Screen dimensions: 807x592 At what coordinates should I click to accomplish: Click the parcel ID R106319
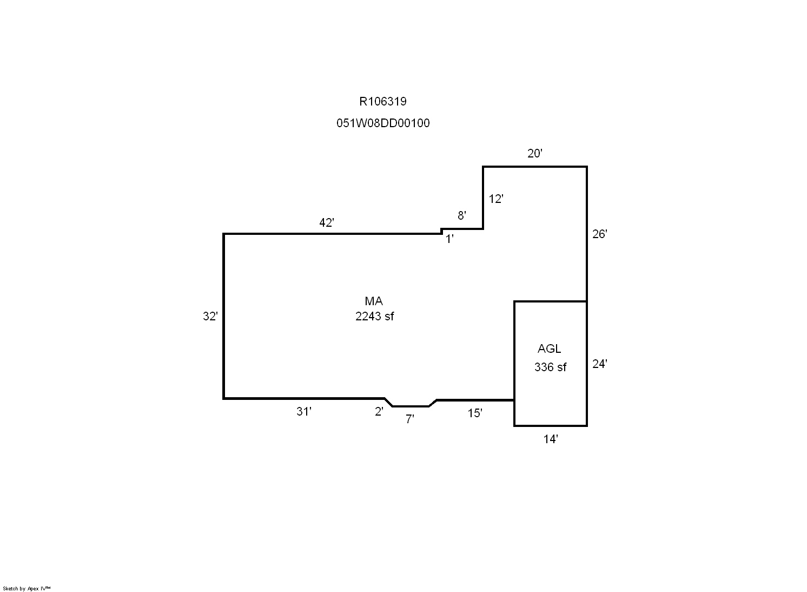[382, 101]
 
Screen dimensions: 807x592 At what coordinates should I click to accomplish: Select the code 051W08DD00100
[383, 123]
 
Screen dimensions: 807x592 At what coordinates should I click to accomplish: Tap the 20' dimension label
[534, 153]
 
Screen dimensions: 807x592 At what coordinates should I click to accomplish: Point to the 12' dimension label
[496, 199]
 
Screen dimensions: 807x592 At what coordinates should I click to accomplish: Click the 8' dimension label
[461, 215]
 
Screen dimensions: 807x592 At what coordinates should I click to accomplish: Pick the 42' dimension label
[326, 222]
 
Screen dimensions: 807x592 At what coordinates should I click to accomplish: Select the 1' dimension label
[449, 239]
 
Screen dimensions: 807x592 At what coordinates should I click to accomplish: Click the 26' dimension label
[599, 234]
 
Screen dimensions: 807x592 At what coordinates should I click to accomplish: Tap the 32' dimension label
[210, 316]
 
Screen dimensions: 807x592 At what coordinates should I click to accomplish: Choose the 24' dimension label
[599, 364]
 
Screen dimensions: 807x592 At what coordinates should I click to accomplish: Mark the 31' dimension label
[303, 411]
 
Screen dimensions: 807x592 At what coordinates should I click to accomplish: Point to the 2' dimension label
[379, 411]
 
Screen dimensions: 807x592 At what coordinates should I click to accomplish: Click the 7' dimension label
[409, 419]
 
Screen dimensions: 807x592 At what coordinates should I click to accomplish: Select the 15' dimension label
[475, 413]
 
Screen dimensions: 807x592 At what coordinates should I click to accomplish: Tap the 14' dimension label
[551, 439]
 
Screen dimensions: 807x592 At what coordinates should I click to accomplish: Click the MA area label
[374, 301]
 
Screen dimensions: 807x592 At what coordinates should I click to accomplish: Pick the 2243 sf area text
[375, 316]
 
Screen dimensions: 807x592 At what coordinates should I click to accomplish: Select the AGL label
[549, 348]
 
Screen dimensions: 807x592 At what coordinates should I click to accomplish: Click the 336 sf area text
[550, 367]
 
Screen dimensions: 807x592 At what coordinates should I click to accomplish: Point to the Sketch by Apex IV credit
[27, 588]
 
